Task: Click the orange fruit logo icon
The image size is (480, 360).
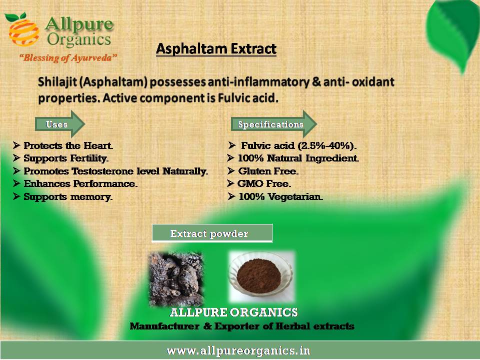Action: (23, 29)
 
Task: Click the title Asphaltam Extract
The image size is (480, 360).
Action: (216, 49)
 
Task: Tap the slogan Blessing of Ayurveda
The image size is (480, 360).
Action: (68, 58)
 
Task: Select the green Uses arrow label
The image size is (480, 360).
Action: (60, 124)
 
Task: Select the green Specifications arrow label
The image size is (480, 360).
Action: (274, 124)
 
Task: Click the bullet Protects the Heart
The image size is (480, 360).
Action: (63, 145)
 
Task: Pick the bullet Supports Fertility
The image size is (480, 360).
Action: (61, 158)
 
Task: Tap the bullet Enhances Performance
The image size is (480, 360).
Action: (75, 183)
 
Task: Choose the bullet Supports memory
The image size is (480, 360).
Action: (63, 196)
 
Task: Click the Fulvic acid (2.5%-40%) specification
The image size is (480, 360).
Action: (292, 145)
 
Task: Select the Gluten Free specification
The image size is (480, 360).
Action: (262, 171)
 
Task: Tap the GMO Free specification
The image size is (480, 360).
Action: (259, 183)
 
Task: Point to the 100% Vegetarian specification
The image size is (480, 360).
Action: (275, 196)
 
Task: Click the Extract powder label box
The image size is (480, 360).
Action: (212, 233)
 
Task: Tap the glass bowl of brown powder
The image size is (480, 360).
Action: (261, 276)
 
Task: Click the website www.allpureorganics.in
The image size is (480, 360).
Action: (238, 351)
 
